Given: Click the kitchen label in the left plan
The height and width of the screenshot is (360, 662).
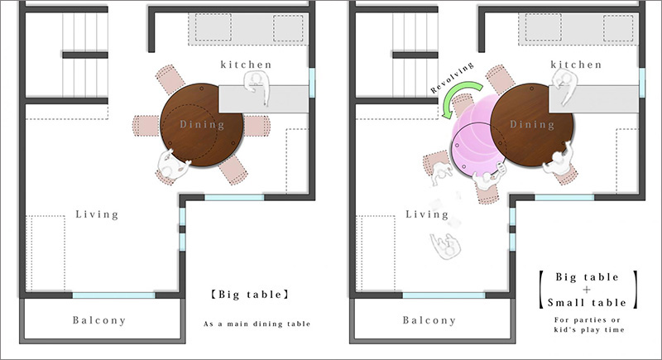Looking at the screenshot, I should click(x=246, y=64).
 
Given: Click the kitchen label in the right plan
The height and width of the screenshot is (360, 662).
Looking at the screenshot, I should click(x=576, y=64).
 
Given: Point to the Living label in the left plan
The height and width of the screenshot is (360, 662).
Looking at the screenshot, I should click(x=97, y=214).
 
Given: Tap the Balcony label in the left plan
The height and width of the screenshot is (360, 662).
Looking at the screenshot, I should click(x=99, y=320).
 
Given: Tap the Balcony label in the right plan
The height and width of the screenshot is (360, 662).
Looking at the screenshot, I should click(x=429, y=320).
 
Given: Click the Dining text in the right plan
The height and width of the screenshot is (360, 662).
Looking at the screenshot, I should click(x=532, y=125).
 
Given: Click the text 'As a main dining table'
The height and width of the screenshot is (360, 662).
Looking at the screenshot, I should click(x=257, y=324).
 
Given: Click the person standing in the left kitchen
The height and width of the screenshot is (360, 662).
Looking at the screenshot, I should click(x=258, y=85).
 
